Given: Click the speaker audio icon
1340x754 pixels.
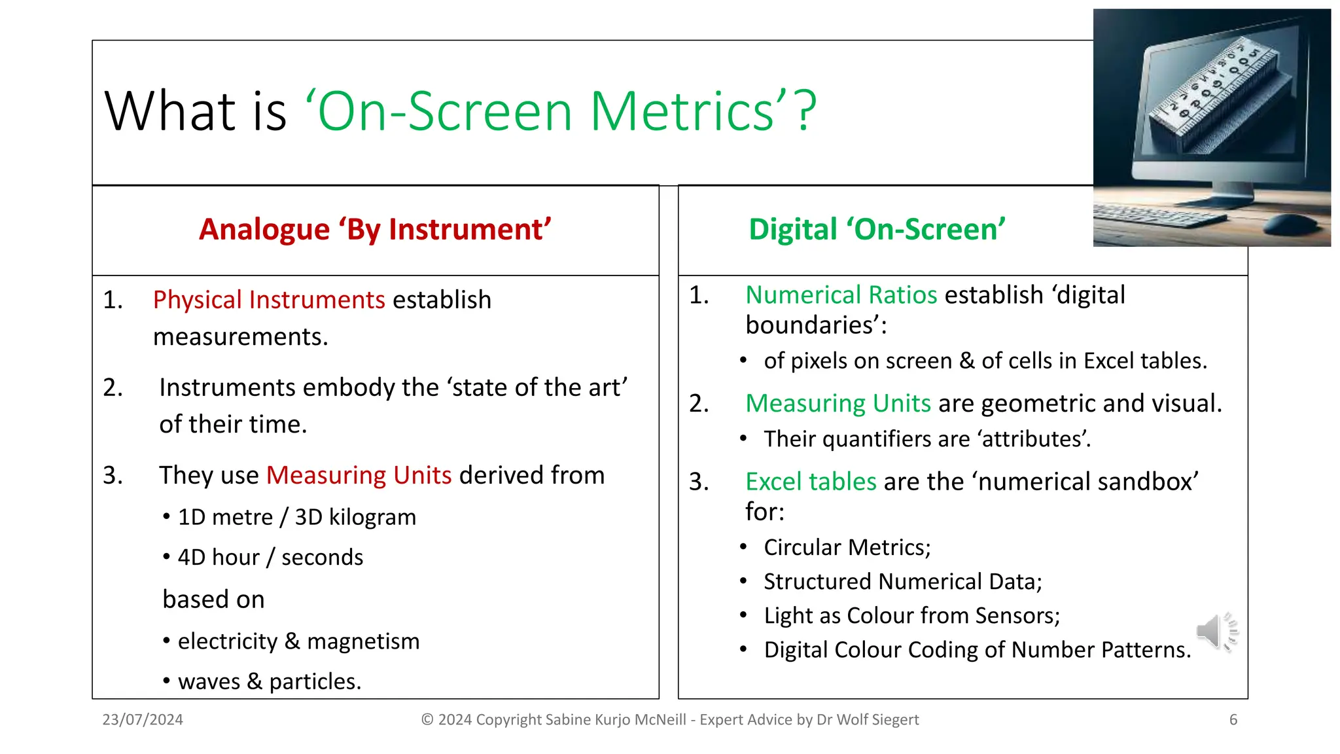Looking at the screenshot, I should (x=1216, y=632).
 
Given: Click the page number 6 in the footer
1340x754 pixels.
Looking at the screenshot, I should (x=1233, y=720).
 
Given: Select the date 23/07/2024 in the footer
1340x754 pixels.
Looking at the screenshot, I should (x=143, y=720).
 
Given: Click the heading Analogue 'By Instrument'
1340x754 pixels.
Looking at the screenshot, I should (x=375, y=230).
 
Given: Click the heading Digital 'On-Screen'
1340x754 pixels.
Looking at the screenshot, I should (x=877, y=230).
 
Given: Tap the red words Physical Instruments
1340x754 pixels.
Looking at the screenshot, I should (x=269, y=300).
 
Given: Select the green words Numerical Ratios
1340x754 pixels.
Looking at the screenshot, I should (x=841, y=295).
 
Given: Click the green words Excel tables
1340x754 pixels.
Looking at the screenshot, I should (x=811, y=482).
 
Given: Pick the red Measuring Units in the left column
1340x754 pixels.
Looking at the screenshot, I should (x=359, y=475).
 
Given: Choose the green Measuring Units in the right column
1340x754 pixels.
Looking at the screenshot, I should (x=838, y=403).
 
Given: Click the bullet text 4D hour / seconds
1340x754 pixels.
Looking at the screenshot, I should (x=270, y=558).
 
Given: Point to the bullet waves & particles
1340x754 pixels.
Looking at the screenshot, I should (x=269, y=682).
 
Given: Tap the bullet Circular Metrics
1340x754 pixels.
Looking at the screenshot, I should (x=847, y=547).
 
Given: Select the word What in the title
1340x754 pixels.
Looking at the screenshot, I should (x=168, y=111).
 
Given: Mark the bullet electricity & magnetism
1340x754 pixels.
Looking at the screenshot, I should (x=298, y=641).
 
